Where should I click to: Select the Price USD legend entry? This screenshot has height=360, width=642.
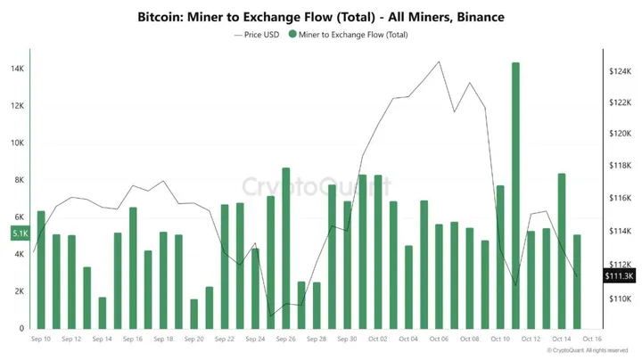[258, 35]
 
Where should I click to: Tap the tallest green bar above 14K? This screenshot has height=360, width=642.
[515, 196]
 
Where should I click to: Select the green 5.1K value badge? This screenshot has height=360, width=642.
[20, 233]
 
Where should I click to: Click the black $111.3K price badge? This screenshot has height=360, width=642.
[619, 276]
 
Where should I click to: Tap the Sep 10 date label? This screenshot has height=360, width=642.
[41, 340]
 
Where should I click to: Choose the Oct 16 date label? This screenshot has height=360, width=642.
[593, 340]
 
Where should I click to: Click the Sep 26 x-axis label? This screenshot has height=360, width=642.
[286, 340]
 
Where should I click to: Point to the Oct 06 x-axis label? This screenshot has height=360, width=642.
[439, 340]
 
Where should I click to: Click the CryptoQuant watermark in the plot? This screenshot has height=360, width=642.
[317, 187]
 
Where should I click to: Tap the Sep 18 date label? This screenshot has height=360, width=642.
[163, 340]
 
